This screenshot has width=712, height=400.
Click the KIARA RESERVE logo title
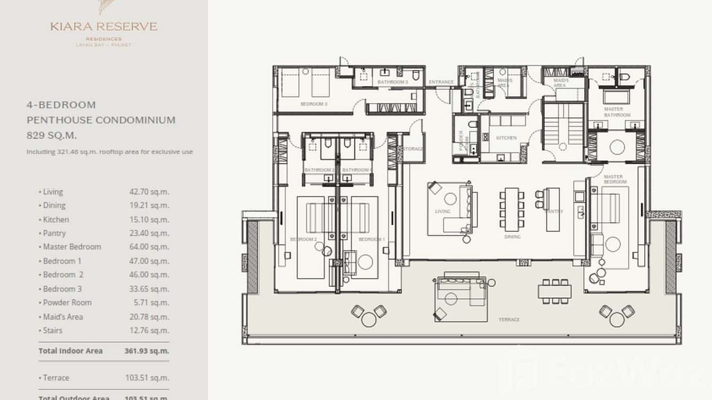[x=104, y=27]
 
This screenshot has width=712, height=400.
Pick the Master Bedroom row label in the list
[x=72, y=247]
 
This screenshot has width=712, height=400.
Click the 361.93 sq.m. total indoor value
[x=149, y=351]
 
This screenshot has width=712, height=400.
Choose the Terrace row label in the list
[x=56, y=378]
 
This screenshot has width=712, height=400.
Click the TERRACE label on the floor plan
[x=508, y=320]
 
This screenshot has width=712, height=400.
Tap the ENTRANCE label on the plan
[x=441, y=82]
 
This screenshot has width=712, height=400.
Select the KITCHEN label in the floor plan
[x=506, y=138]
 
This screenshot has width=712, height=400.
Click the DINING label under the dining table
[x=512, y=237]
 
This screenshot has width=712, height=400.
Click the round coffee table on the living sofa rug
[x=450, y=199]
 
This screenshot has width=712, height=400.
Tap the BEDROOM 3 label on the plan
[x=314, y=105]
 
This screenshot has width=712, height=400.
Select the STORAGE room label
[x=413, y=149]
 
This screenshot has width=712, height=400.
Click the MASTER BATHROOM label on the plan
[x=617, y=112]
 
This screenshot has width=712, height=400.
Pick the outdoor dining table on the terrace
[x=554, y=291]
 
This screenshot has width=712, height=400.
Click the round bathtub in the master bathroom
[x=617, y=146]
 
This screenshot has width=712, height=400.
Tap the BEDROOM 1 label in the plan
[x=371, y=240]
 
